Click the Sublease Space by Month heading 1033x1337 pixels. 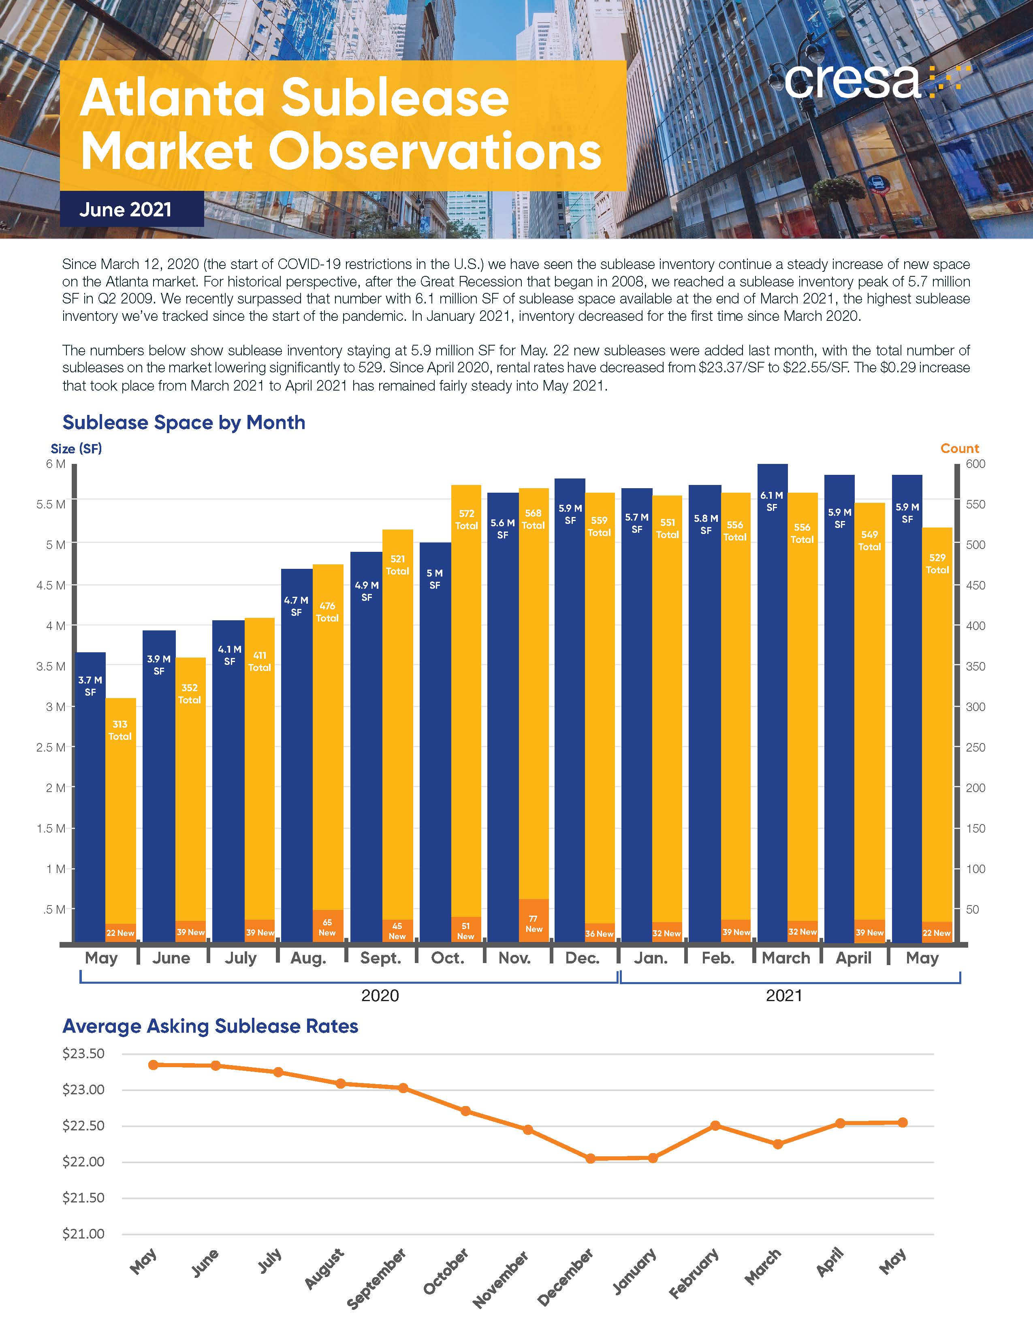184,423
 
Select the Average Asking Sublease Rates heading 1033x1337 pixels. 210,1026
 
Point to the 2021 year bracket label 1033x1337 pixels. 784,996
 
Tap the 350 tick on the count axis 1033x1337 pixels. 975,666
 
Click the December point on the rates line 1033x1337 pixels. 591,1158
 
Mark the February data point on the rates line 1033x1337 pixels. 715,1125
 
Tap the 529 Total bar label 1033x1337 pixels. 937,563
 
